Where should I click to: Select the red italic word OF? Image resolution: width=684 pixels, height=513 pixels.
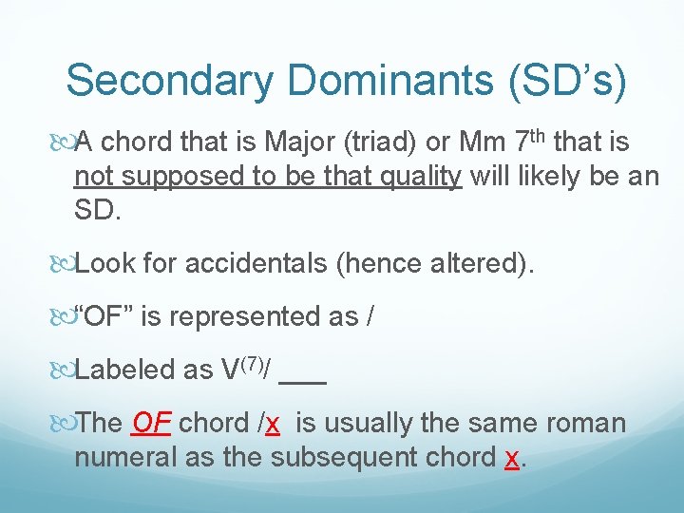click(152, 422)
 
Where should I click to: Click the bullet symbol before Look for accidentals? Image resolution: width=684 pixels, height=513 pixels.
click(66, 264)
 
